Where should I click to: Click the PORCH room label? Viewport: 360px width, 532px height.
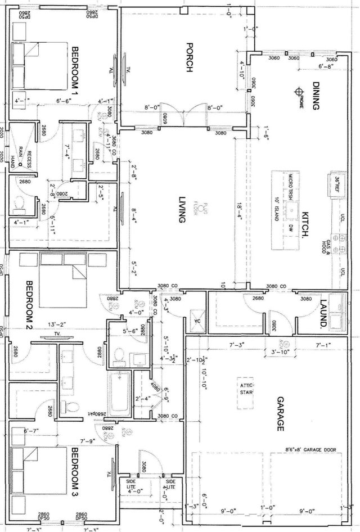click(x=190, y=58)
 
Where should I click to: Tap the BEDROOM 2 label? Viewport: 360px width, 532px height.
click(x=29, y=304)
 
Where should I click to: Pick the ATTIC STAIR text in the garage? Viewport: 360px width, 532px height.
click(x=247, y=389)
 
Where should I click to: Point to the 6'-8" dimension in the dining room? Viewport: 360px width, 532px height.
click(x=326, y=67)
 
